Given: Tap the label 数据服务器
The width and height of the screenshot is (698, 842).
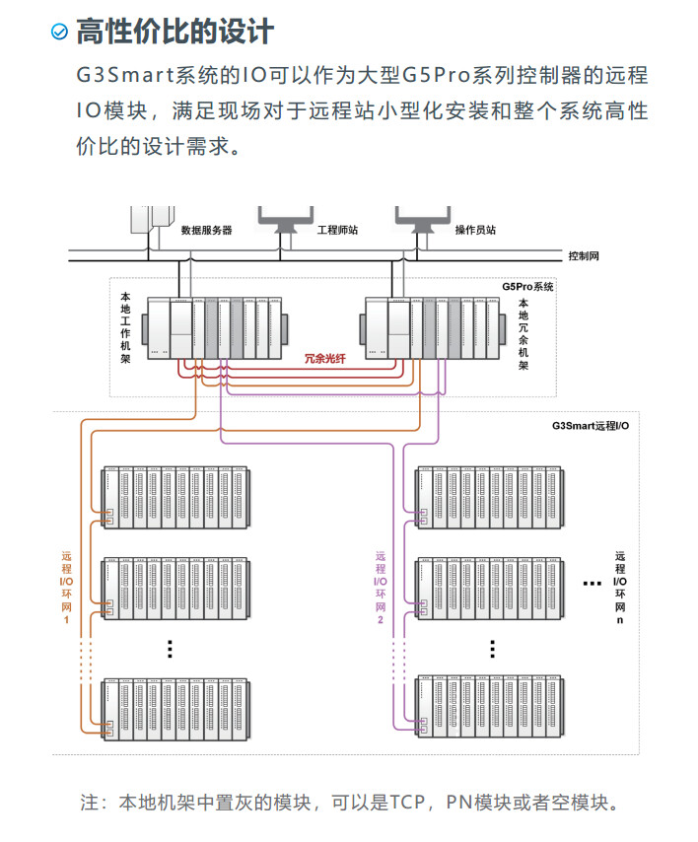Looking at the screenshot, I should (x=206, y=230).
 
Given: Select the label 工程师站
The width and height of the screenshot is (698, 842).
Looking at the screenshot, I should (x=337, y=230).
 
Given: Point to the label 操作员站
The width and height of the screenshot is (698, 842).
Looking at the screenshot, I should (x=475, y=230).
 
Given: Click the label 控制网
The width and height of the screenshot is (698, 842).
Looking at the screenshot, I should (x=584, y=255).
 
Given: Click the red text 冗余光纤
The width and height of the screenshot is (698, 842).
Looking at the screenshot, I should (x=324, y=359).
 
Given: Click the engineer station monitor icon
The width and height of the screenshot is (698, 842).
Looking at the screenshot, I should (x=285, y=220).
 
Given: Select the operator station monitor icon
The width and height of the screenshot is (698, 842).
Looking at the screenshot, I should (x=423, y=220).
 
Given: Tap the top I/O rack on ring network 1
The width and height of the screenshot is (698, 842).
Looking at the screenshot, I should (x=176, y=496).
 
